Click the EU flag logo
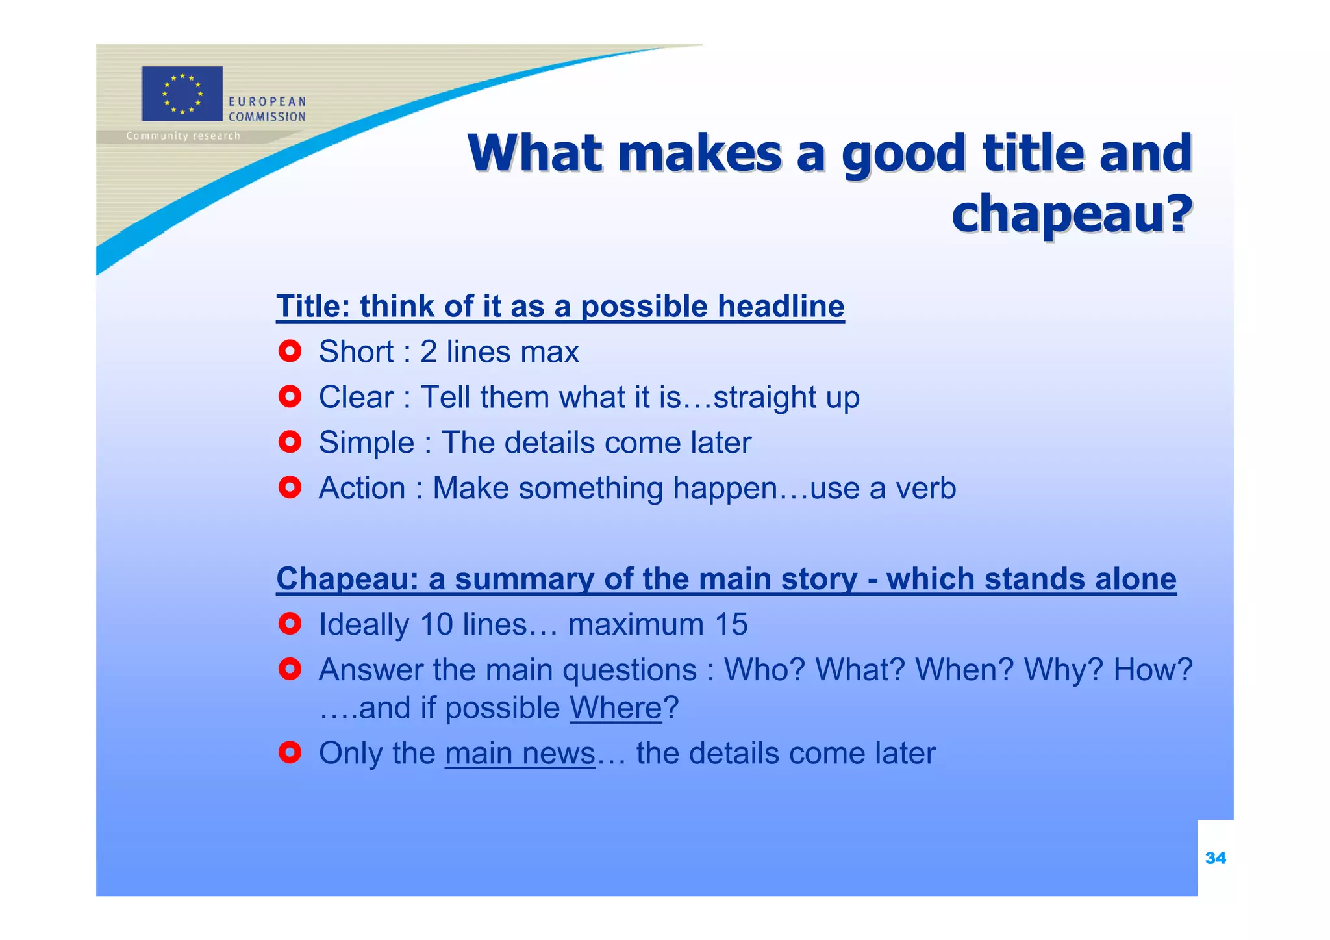click(182, 94)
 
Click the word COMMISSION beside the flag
click(267, 117)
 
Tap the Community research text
click(183, 136)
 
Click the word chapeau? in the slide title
click(1072, 213)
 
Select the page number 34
click(1215, 858)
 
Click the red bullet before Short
click(290, 351)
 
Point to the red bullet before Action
click(290, 487)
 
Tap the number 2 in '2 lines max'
click(429, 352)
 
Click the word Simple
click(366, 443)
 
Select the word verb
click(925, 489)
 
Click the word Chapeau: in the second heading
click(347, 579)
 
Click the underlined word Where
click(616, 708)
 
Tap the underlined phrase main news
click(520, 754)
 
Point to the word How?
click(1153, 670)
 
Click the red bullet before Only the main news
click(290, 753)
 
